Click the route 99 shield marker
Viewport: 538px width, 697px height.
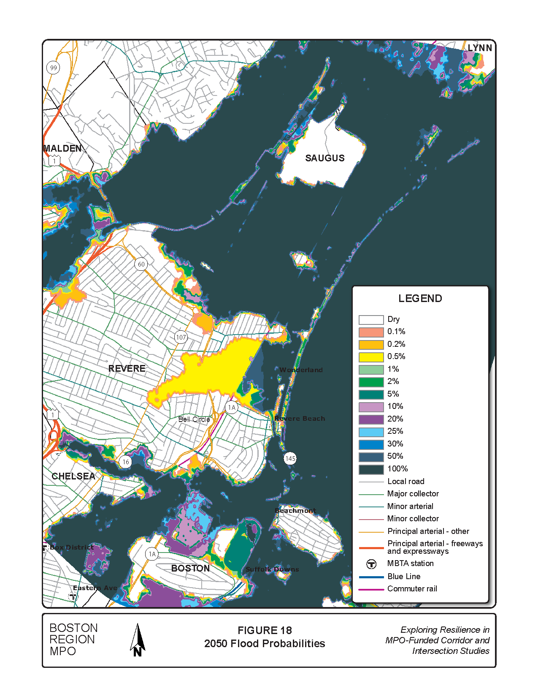(x=53, y=68)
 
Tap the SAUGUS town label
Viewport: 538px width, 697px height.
(x=324, y=158)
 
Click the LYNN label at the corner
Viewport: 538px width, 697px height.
(x=480, y=48)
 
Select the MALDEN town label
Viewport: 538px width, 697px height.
(x=62, y=148)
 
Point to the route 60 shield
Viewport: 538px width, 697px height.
(x=141, y=264)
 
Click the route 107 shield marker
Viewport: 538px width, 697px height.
(x=181, y=337)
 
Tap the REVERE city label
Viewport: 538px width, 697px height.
(x=127, y=368)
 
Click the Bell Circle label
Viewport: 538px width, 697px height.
(x=194, y=419)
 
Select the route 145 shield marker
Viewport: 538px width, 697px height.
(x=290, y=458)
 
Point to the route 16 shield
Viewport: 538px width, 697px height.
(x=125, y=462)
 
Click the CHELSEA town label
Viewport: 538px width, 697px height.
(x=73, y=476)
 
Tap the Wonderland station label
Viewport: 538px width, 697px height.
(x=301, y=370)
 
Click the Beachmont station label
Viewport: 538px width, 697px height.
(x=295, y=511)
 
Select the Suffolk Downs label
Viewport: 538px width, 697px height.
(x=272, y=569)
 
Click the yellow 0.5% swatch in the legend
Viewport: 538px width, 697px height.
(x=371, y=357)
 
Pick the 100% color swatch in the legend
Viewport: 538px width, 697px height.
(x=371, y=469)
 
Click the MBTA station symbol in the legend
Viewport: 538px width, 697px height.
(x=371, y=564)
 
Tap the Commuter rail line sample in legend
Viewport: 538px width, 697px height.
(x=371, y=589)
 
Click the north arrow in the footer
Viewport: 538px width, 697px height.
(x=138, y=640)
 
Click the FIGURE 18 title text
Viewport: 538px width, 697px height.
(x=265, y=630)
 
